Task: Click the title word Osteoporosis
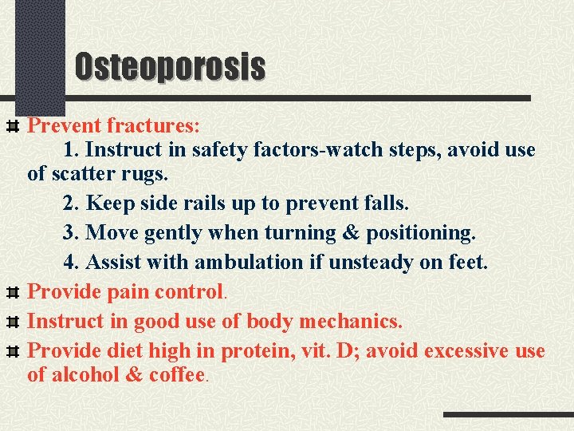click(x=170, y=66)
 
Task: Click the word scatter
click(x=85, y=173)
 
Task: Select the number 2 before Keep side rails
click(x=69, y=203)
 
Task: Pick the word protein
click(x=258, y=351)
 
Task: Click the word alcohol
click(x=84, y=374)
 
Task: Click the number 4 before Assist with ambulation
click(x=69, y=262)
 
